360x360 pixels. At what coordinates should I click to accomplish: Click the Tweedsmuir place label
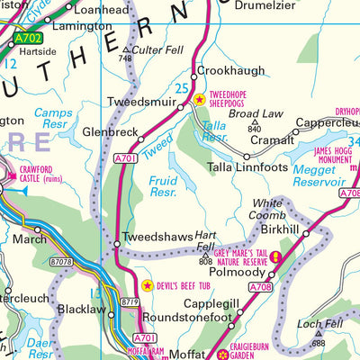(x=139, y=102)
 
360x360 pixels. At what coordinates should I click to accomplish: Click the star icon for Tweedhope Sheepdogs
(x=200, y=99)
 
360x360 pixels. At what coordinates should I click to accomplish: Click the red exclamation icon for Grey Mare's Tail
(x=275, y=258)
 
